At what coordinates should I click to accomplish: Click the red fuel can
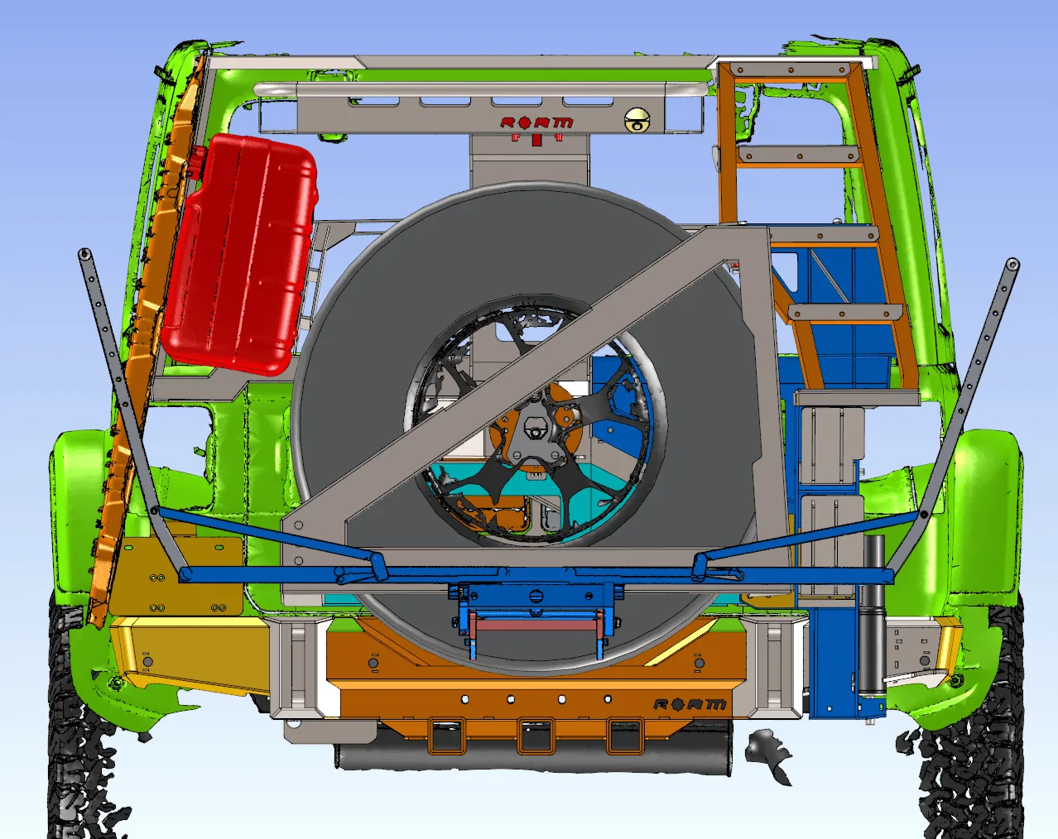[239, 253]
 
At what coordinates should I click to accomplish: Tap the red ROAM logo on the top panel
[536, 123]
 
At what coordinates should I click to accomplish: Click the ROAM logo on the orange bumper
[690, 704]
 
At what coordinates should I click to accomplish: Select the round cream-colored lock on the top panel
[637, 119]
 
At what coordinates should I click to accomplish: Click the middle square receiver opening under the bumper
[536, 736]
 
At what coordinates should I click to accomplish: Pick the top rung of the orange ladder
[790, 70]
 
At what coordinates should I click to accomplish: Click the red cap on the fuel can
[196, 161]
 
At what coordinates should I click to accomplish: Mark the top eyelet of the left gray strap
[84, 254]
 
